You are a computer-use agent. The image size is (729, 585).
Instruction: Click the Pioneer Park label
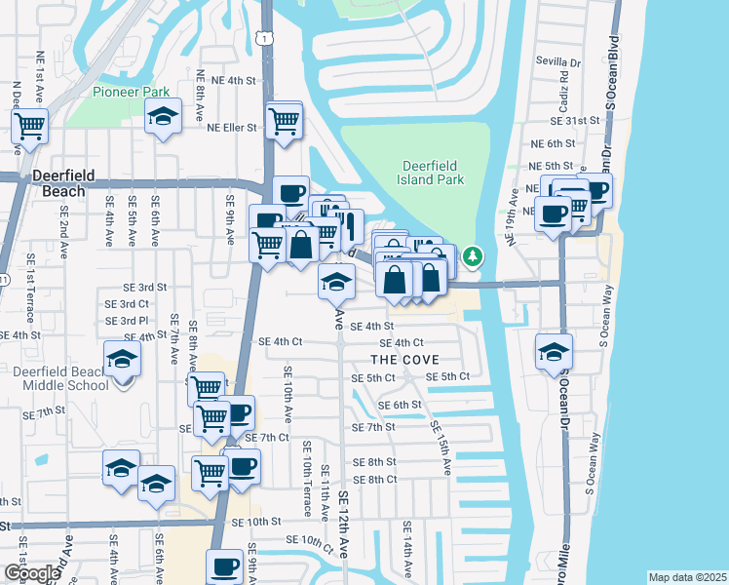click(x=132, y=92)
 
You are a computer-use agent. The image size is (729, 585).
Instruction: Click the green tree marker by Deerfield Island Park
click(x=473, y=256)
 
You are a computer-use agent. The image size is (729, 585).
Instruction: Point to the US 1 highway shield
click(x=264, y=37)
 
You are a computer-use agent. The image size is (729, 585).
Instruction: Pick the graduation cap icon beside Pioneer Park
click(x=164, y=117)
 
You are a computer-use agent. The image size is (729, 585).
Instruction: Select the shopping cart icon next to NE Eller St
click(x=284, y=121)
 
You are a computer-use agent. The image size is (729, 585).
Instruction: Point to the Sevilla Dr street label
click(x=557, y=61)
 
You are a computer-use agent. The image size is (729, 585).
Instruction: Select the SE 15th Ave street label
click(x=441, y=448)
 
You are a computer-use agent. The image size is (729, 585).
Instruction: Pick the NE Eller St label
click(x=231, y=128)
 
